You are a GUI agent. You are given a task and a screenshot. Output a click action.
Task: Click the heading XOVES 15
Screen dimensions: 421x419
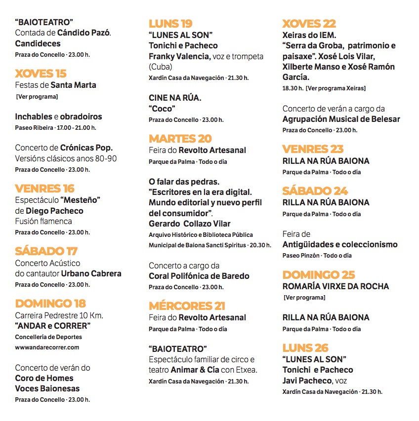(41, 74)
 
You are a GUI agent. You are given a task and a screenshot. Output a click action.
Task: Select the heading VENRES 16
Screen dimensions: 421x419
(44, 189)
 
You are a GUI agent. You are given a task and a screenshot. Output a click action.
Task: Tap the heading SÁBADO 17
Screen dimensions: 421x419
(46, 251)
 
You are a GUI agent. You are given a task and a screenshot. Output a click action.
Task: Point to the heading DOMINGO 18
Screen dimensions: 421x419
(50, 303)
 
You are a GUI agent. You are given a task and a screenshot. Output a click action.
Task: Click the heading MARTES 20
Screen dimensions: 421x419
(180, 138)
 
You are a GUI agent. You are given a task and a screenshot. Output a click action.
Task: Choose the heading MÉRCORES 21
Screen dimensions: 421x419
(187, 306)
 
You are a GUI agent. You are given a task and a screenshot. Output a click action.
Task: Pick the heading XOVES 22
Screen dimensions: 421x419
(309, 23)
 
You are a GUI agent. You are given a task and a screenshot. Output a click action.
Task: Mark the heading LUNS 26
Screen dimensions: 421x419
(305, 347)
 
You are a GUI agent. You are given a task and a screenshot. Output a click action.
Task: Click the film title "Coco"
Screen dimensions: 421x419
(162, 109)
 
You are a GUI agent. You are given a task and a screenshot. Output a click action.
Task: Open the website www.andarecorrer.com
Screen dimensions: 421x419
(47, 347)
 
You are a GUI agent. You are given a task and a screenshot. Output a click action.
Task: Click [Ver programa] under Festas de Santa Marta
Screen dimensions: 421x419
(37, 97)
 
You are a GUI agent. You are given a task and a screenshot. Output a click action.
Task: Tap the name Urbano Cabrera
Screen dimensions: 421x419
(91, 273)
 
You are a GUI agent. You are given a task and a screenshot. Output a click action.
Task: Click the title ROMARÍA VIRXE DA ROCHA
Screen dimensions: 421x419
(335, 286)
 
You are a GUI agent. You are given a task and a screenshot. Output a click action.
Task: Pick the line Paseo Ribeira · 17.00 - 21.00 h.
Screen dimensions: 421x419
(55, 128)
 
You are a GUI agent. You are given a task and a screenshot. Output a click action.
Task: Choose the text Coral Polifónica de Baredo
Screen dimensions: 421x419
(199, 276)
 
